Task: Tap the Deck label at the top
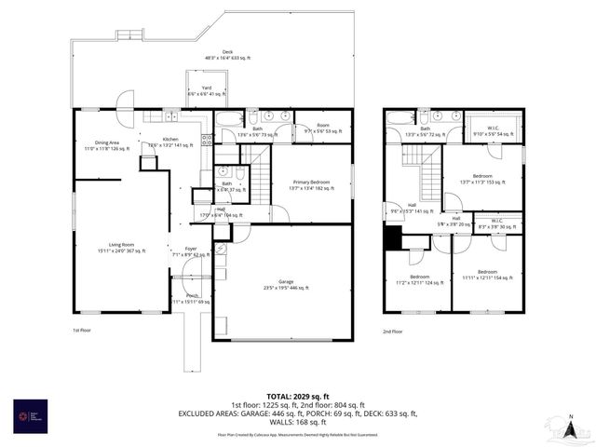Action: pyautogui.click(x=227, y=54)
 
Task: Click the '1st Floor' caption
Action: pyautogui.click(x=83, y=331)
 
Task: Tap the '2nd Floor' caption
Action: pyautogui.click(x=393, y=331)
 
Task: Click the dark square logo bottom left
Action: pyautogui.click(x=31, y=415)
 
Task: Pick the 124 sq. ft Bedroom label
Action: pyautogui.click(x=419, y=279)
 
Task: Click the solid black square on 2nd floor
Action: pyautogui.click(x=393, y=239)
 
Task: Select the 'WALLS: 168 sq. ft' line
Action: pyautogui.click(x=298, y=423)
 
